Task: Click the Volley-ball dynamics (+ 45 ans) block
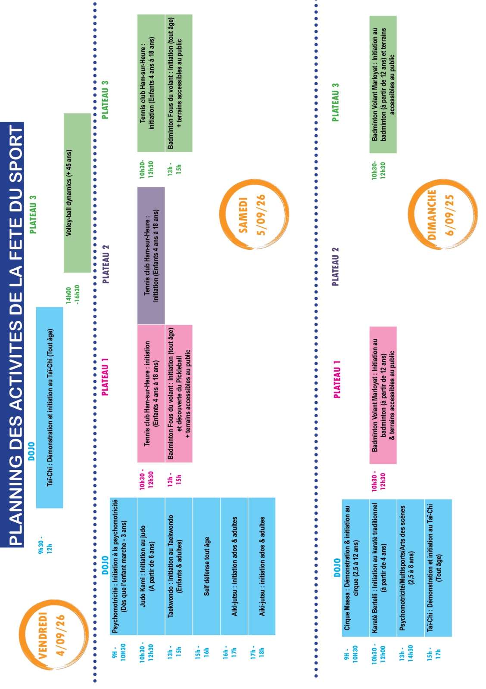click(x=77, y=193)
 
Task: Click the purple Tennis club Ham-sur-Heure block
click(x=151, y=256)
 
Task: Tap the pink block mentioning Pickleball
click(x=178, y=394)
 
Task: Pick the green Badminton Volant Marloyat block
click(x=383, y=84)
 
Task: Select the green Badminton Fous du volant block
click(x=178, y=83)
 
